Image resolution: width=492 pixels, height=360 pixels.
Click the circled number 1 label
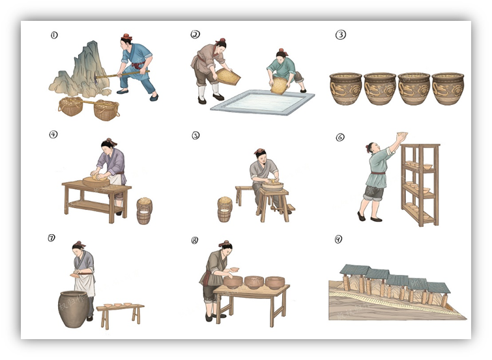click(54, 35)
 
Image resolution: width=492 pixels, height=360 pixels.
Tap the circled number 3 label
click(341, 35)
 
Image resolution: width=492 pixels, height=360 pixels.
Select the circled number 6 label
click(340, 137)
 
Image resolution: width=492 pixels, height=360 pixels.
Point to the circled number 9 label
click(338, 239)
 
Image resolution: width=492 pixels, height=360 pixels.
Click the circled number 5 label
click(195, 136)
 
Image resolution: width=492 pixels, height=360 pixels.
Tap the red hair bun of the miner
click(127, 37)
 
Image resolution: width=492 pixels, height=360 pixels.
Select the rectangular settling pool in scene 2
click(263, 102)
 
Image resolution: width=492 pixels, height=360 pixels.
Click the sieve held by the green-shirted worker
click(280, 86)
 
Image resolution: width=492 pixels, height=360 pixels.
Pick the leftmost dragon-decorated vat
click(346, 89)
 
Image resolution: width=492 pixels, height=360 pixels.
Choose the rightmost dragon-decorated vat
click(448, 89)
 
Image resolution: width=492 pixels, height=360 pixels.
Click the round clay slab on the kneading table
click(96, 181)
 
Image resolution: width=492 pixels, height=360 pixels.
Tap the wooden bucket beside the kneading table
click(144, 211)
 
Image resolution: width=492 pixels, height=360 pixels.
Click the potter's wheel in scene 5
click(272, 186)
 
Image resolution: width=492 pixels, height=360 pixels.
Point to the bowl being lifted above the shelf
click(402, 134)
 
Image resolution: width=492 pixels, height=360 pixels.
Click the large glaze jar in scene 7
click(73, 309)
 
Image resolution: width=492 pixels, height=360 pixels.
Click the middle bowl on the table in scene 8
click(254, 282)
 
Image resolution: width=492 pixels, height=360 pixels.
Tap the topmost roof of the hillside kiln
click(355, 269)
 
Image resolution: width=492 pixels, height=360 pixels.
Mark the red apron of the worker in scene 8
click(207, 278)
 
